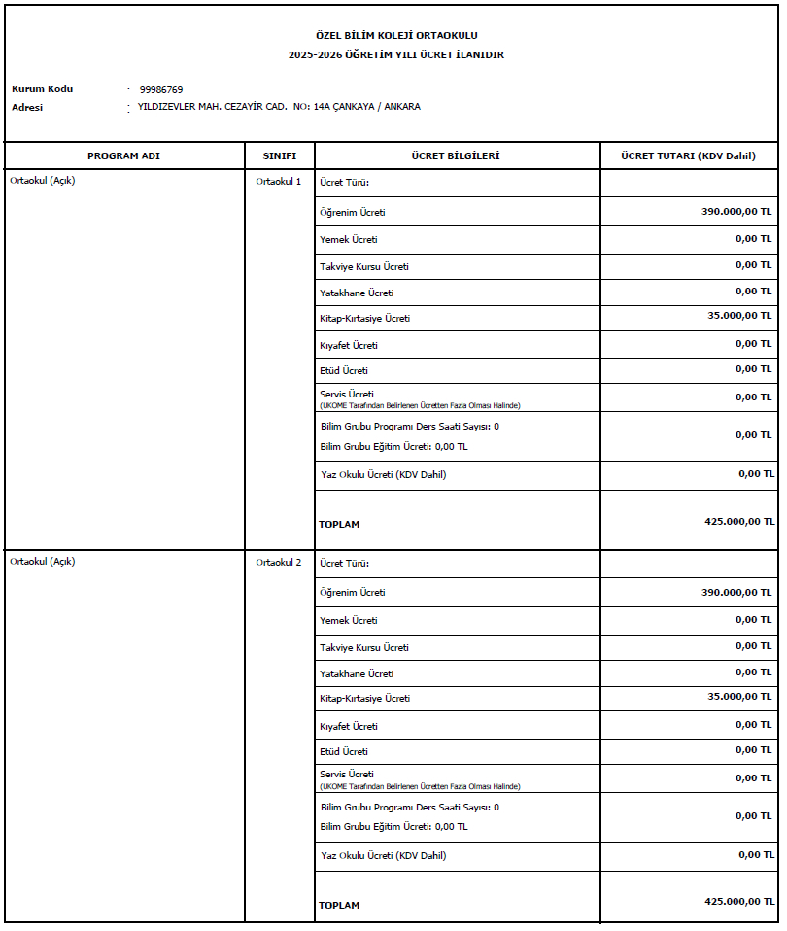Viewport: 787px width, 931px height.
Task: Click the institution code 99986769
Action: click(161, 89)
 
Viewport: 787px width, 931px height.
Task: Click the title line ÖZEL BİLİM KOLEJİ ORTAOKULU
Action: click(396, 36)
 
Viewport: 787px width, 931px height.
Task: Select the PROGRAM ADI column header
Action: click(123, 156)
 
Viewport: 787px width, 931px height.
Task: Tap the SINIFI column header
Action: click(279, 156)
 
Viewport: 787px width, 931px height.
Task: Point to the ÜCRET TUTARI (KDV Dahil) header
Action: click(689, 156)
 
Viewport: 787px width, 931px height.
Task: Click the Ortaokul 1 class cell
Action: click(279, 182)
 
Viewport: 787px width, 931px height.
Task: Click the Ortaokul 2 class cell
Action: click(279, 563)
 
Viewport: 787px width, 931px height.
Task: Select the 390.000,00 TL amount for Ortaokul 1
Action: click(736, 211)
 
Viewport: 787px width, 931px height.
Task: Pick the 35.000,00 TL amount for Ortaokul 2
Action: click(736, 697)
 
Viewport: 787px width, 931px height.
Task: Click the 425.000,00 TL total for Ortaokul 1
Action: click(739, 521)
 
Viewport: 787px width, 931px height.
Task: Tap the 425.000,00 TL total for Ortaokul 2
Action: click(739, 902)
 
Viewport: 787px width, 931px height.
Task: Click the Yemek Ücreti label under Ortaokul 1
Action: click(349, 240)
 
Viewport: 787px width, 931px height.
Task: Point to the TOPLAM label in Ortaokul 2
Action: click(339, 906)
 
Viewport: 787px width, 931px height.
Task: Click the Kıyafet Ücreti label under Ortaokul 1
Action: click(349, 346)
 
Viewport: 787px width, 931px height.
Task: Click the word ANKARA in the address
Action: click(402, 107)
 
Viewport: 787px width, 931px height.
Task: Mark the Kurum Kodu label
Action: click(42, 89)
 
